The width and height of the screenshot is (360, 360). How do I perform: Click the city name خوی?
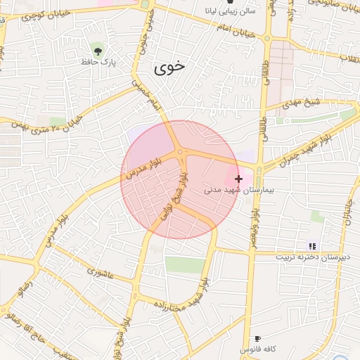[x=169, y=67]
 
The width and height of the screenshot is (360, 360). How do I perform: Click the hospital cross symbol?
[x=238, y=179]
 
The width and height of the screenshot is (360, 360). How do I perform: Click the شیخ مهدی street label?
[x=302, y=105]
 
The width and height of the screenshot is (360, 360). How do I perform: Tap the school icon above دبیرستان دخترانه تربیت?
[x=312, y=246]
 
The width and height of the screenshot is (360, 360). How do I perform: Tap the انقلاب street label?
[x=349, y=57]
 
